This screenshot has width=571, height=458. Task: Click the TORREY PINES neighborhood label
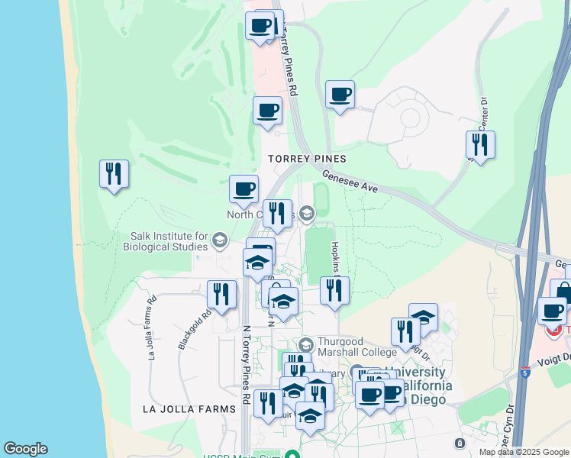coord(307,159)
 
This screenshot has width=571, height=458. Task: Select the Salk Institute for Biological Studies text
coord(169,241)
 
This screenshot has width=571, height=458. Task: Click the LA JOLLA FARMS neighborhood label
coord(189,409)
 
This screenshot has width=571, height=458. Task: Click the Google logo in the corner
coord(25,449)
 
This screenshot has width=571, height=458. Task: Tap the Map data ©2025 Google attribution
coord(524,452)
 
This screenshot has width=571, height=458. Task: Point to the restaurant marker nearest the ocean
coord(114,174)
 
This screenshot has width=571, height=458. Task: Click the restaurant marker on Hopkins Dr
coord(334,291)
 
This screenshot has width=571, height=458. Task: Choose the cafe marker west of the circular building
coord(340,95)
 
